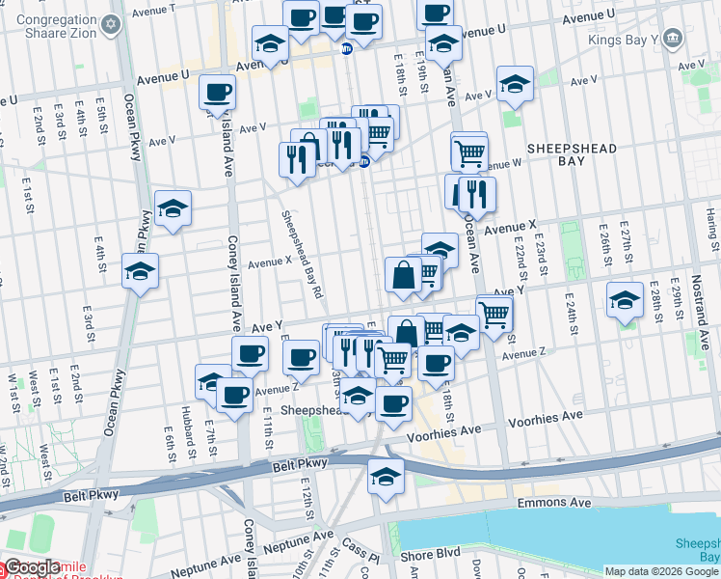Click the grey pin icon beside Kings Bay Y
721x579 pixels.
[x=672, y=40]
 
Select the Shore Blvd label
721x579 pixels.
[x=431, y=555]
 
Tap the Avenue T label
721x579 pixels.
[x=153, y=10]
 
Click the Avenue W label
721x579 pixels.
[x=501, y=166]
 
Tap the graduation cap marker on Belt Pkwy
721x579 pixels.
[x=386, y=477]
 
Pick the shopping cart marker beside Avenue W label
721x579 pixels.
[x=469, y=151]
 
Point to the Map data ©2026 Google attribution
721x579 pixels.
[x=662, y=571]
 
